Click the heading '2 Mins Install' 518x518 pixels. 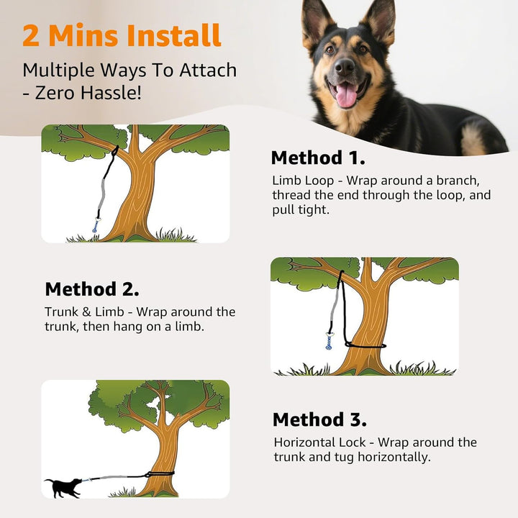coord(122,35)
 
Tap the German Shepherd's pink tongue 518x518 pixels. coord(347,94)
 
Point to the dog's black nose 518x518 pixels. coord(345,67)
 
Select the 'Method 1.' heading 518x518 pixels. coord(317,158)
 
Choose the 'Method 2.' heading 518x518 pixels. coord(92,289)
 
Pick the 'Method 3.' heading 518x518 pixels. coord(319,419)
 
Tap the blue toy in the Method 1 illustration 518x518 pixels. coord(95,226)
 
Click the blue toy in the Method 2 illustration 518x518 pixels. coord(330,342)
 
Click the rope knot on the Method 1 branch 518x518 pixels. coord(115,150)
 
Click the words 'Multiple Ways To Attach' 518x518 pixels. coord(129,71)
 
